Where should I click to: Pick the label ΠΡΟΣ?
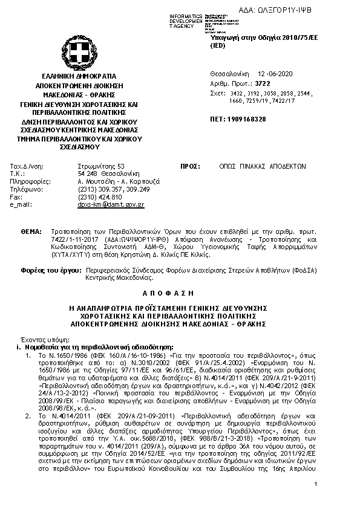[x=191, y=166]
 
